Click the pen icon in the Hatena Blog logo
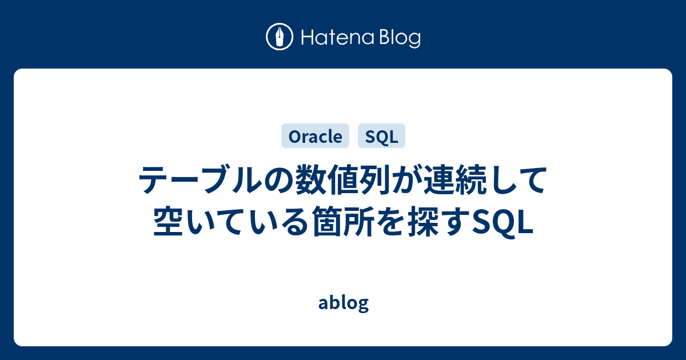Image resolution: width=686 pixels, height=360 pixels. (280, 38)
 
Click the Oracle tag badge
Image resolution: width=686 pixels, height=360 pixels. (315, 136)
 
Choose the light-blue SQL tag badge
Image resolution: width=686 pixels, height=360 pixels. (381, 136)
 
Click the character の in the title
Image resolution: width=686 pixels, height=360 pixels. (277, 182)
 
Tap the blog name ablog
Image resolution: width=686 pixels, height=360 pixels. (343, 303)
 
